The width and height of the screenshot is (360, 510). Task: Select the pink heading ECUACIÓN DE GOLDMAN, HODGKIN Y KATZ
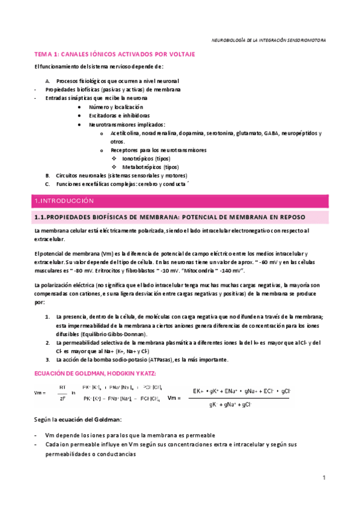pyautogui.click(x=96, y=373)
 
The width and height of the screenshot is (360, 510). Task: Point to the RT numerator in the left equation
pyautogui.click(x=63, y=387)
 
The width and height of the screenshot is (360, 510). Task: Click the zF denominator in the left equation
pyautogui.click(x=63, y=398)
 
